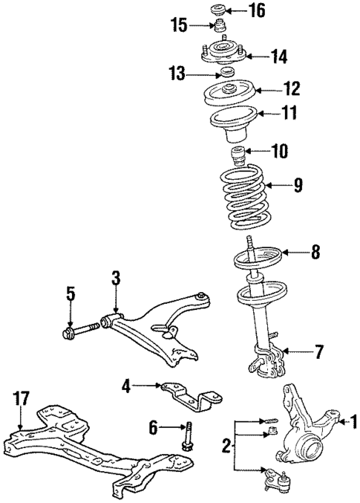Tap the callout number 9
[x=298, y=186]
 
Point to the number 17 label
[x=20, y=399]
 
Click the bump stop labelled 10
[x=239, y=159]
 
